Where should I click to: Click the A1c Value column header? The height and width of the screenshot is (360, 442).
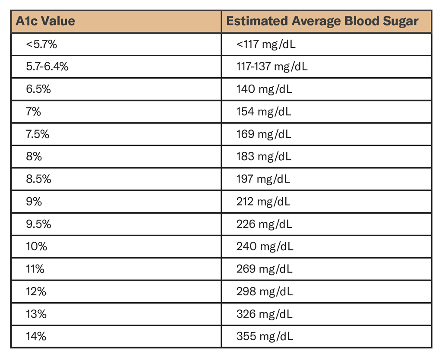point(45,21)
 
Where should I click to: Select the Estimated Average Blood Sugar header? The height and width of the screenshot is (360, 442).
point(322,21)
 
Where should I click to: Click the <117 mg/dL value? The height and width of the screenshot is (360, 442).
point(266,44)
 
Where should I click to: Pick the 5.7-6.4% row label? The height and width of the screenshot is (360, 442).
point(47,66)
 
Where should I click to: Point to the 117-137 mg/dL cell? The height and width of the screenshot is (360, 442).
point(272,66)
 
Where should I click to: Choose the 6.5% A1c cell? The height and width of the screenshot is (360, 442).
point(38,89)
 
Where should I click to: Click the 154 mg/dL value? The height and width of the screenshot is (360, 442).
point(264,112)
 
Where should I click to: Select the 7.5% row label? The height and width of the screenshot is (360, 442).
point(38,134)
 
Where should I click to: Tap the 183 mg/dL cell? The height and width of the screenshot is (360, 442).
point(264,157)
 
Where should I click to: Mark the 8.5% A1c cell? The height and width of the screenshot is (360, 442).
point(38,179)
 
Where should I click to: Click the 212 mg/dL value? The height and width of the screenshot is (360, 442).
point(264,202)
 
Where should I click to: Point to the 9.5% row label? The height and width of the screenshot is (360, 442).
point(38,224)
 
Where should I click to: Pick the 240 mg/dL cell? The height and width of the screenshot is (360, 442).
point(265,246)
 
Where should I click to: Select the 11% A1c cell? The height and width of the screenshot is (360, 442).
point(35,269)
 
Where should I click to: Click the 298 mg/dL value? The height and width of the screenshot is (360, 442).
point(265,291)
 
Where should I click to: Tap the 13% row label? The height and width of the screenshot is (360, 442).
point(36,314)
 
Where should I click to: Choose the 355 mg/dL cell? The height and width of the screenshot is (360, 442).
point(265,336)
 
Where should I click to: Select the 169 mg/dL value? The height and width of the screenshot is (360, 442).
point(264,134)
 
